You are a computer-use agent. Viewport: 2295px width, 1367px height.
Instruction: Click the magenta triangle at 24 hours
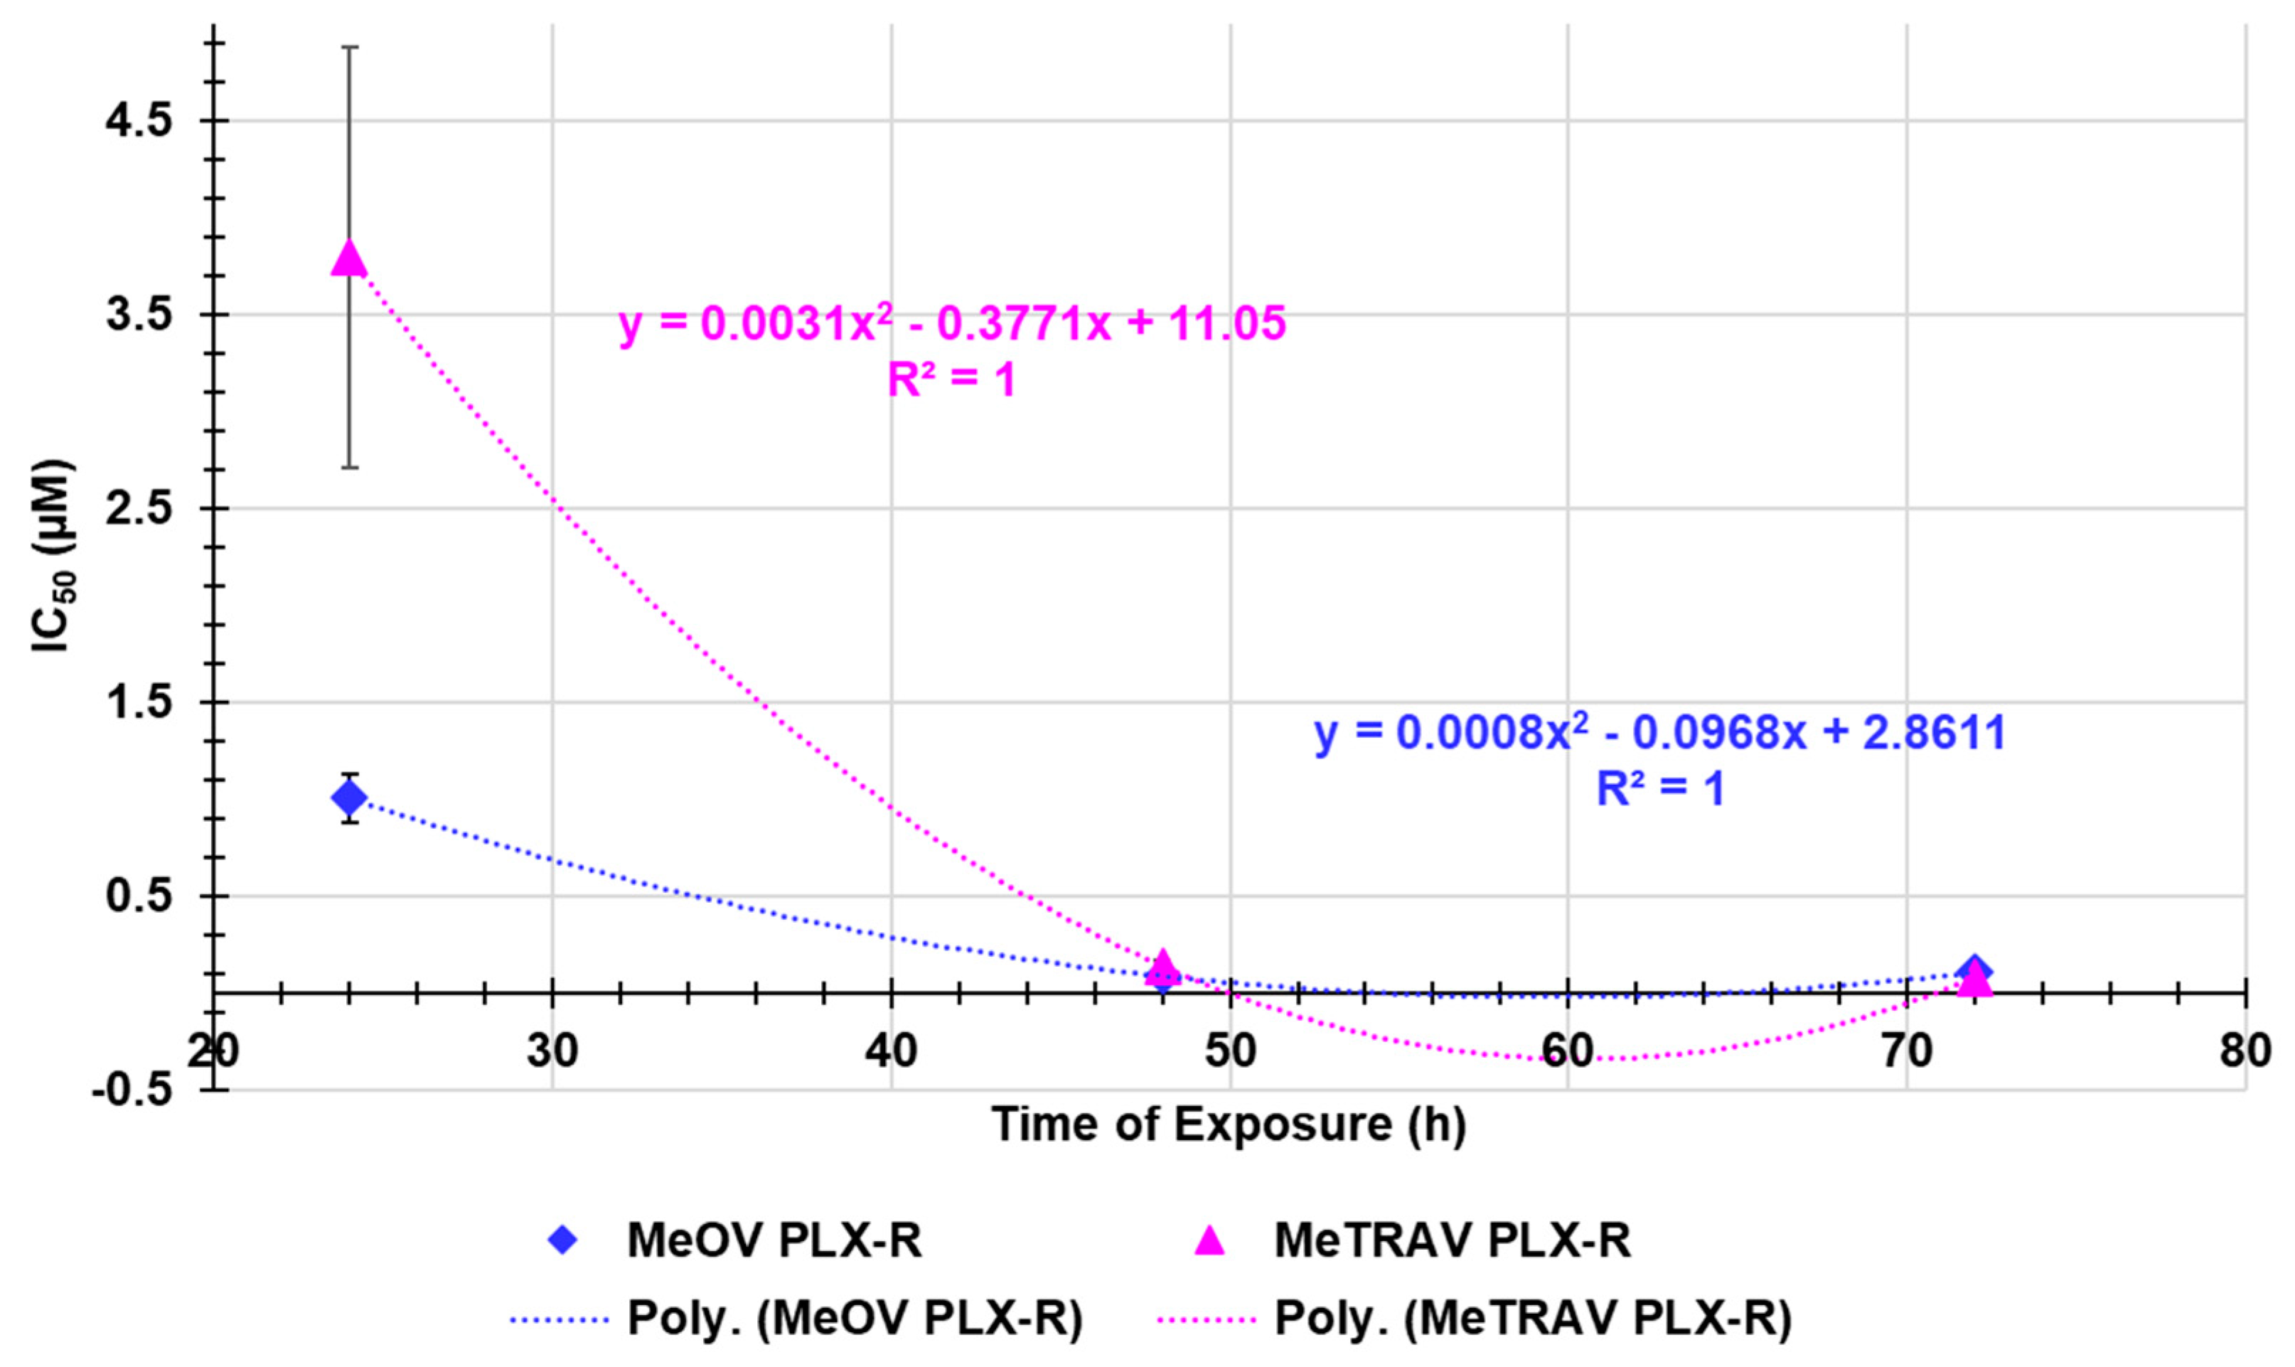point(349,259)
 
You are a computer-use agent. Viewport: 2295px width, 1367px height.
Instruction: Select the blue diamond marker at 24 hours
point(349,797)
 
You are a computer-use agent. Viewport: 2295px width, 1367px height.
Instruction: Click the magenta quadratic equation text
point(952,324)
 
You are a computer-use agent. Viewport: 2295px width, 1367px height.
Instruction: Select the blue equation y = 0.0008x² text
point(1659,732)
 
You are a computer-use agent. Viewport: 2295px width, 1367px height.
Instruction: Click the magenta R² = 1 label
point(952,380)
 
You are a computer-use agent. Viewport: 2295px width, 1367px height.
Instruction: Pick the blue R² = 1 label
point(1659,788)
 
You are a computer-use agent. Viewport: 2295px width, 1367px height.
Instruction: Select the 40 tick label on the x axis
point(891,1050)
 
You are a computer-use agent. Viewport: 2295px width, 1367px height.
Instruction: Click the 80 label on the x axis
point(2245,1050)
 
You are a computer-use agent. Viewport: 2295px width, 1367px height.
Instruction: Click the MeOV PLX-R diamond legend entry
point(737,1240)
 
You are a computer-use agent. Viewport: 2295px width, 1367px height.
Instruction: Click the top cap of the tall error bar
point(349,46)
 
